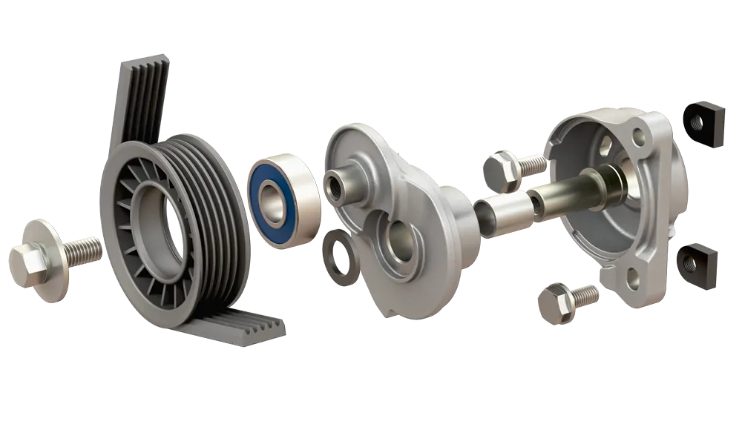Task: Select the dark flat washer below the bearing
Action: (339, 256)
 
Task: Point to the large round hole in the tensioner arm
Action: (399, 245)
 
